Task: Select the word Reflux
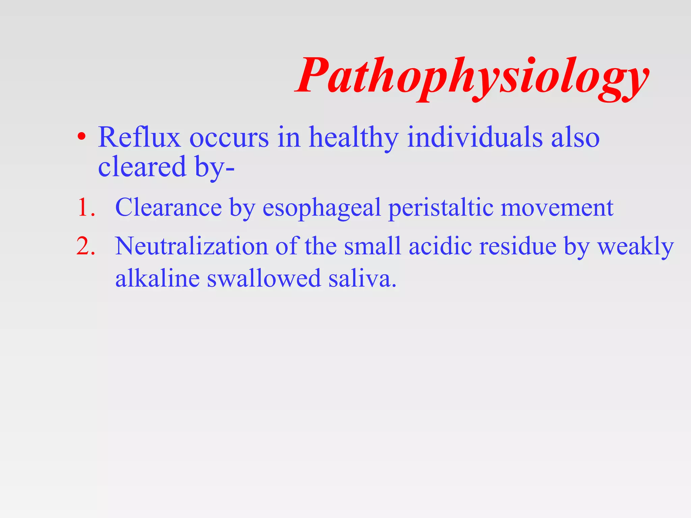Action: pyautogui.click(x=139, y=137)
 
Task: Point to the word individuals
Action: pyautogui.click(x=475, y=137)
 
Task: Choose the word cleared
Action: pyautogui.click(x=142, y=167)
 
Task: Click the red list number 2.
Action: pyautogui.click(x=86, y=246)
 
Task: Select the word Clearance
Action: pyautogui.click(x=168, y=207)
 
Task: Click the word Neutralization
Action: pyautogui.click(x=191, y=246)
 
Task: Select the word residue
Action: pyautogui.click(x=518, y=246)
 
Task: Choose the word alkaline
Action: pyautogui.click(x=157, y=279)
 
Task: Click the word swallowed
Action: pyautogui.click(x=264, y=279)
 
